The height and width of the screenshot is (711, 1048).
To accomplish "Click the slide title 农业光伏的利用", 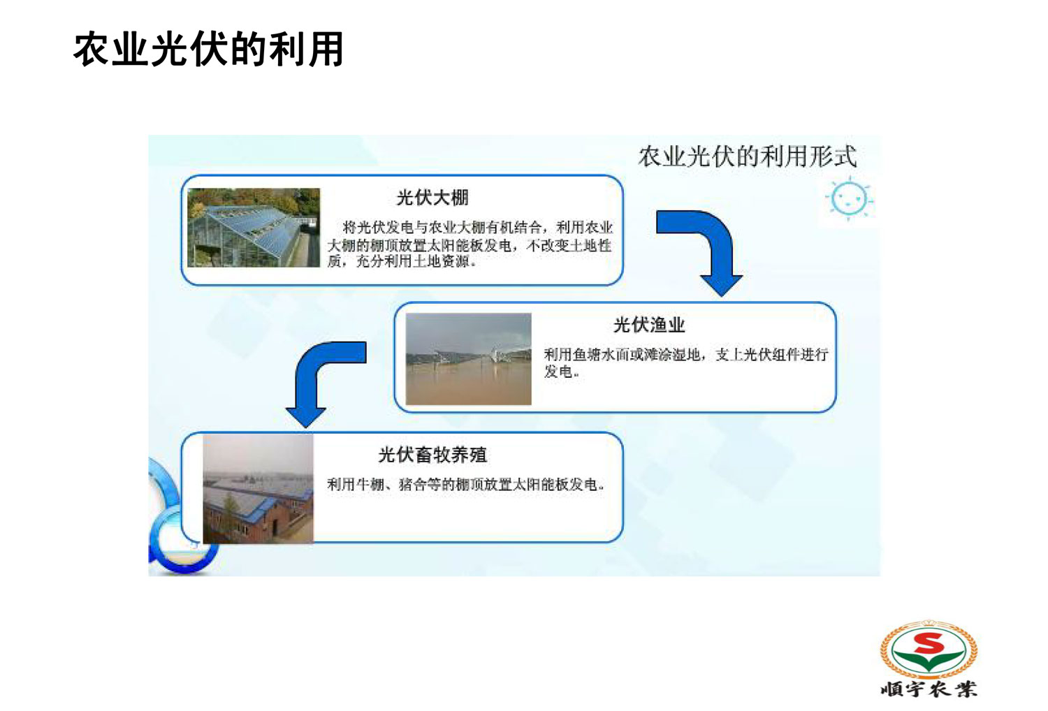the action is [x=209, y=50].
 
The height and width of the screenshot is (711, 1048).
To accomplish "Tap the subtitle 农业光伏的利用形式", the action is [x=748, y=156].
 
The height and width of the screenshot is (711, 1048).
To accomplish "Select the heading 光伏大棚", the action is [x=432, y=198].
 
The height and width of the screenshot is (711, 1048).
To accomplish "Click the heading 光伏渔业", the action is [x=649, y=325].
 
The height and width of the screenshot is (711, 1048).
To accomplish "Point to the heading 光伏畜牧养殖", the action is [x=432, y=455].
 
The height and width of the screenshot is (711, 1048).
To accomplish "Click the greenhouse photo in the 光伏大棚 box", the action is [x=254, y=228].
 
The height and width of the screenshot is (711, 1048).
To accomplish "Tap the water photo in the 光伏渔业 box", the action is [x=468, y=359].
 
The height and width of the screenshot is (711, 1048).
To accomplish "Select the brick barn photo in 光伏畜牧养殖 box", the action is [x=259, y=490].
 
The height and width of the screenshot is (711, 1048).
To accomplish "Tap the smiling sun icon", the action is [x=849, y=199].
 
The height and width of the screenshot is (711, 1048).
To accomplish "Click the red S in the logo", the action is [x=929, y=644].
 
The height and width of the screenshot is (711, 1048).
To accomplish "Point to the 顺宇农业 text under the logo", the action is [x=929, y=689].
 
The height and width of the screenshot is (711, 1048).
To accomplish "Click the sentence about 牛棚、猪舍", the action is [x=465, y=484].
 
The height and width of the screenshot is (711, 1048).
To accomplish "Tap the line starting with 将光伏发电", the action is [x=477, y=227].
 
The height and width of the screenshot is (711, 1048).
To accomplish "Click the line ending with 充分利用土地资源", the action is [x=402, y=261].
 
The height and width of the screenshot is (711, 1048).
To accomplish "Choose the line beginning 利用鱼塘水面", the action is [x=686, y=355].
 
